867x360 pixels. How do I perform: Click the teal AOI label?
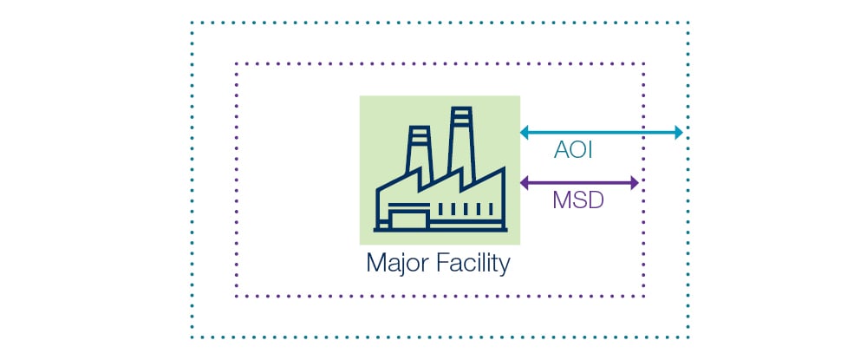(x=573, y=153)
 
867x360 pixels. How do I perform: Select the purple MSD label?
(x=577, y=203)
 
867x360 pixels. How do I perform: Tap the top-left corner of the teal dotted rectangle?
(x=192, y=23)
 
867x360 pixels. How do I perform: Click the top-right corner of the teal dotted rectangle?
(x=688, y=23)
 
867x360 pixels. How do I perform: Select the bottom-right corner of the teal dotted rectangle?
(x=688, y=337)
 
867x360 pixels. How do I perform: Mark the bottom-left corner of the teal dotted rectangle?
(x=192, y=337)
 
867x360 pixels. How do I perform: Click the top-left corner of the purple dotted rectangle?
(x=236, y=63)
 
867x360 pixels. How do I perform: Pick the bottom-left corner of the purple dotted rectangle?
(x=236, y=297)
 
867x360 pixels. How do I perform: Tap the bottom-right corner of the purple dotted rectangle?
(x=644, y=297)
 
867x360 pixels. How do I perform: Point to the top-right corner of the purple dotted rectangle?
(x=644, y=63)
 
